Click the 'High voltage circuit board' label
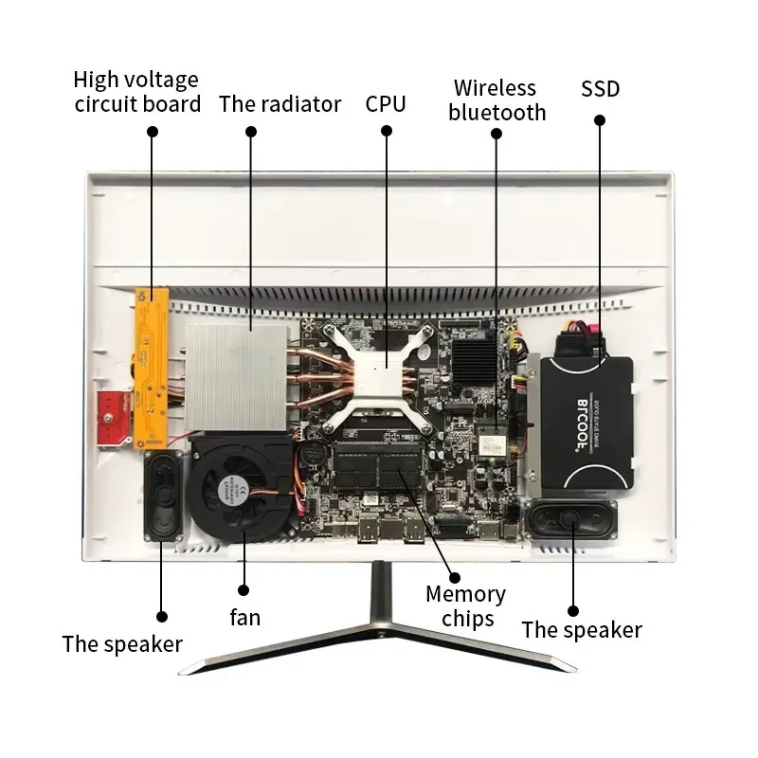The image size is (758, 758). pyautogui.click(x=137, y=92)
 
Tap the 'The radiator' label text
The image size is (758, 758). pyautogui.click(x=280, y=103)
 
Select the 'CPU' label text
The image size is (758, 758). pyautogui.click(x=386, y=103)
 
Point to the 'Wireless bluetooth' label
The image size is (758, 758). pyautogui.click(x=496, y=100)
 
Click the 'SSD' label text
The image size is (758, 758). pyautogui.click(x=600, y=89)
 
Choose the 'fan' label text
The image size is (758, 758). pyautogui.click(x=244, y=617)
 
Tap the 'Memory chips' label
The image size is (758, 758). pyautogui.click(x=465, y=606)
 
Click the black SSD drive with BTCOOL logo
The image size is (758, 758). pyautogui.click(x=584, y=421)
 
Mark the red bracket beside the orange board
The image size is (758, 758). pyautogui.click(x=112, y=417)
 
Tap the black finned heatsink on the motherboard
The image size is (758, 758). pyautogui.click(x=476, y=360)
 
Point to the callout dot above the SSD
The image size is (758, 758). pyautogui.click(x=600, y=120)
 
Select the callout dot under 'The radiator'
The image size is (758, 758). pyautogui.click(x=251, y=133)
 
